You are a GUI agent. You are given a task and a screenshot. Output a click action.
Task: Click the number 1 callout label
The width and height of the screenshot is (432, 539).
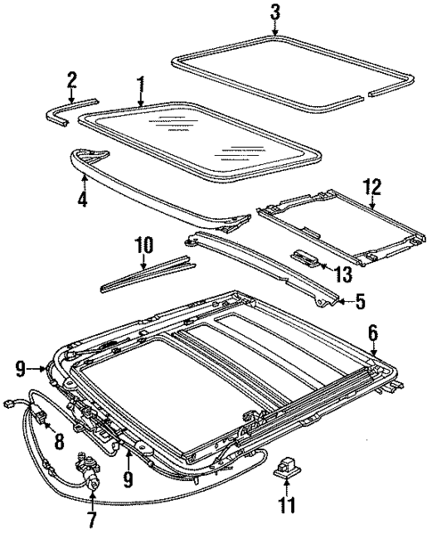tap(140, 86)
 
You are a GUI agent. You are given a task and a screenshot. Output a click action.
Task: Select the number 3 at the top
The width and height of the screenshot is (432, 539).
tap(275, 12)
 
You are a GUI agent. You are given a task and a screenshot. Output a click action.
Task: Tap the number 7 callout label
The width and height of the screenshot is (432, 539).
tap(89, 518)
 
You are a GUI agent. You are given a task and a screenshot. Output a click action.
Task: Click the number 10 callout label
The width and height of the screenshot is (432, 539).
tap(143, 243)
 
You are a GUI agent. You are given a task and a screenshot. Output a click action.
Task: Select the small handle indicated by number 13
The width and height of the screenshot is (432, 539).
tap(306, 256)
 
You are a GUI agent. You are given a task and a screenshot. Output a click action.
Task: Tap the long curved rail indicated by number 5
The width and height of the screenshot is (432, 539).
tap(258, 264)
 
